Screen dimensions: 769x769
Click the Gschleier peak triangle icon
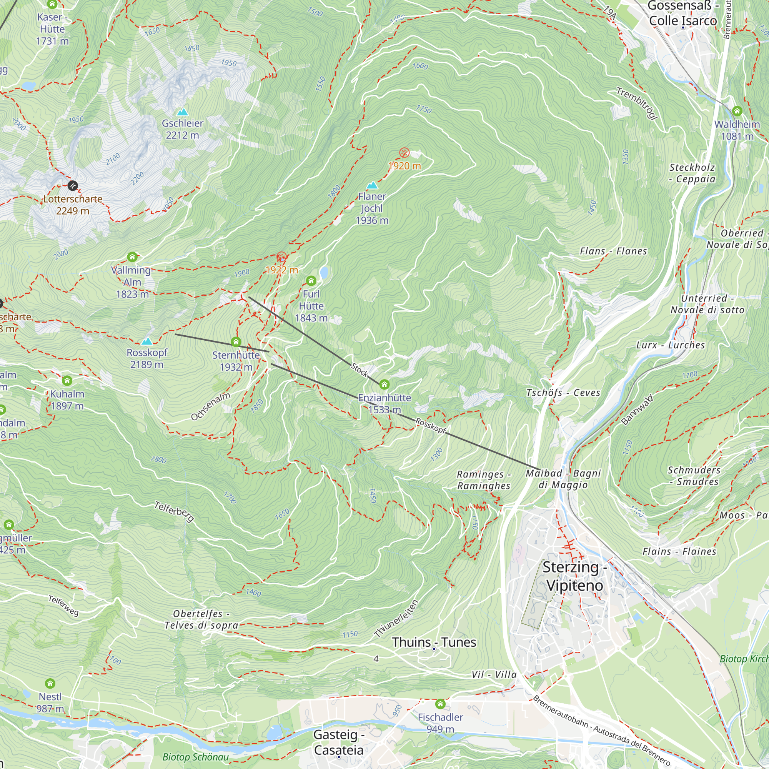point(182,112)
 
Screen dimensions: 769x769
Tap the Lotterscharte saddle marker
point(72,185)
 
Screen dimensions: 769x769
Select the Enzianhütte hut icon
point(384,384)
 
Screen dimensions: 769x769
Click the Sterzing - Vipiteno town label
point(574,576)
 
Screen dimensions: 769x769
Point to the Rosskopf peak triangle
point(147,341)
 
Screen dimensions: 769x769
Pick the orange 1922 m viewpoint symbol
point(281,257)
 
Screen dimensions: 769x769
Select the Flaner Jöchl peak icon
point(372,185)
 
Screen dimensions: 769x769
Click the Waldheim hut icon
point(737,111)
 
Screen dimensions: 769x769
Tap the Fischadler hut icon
point(440,704)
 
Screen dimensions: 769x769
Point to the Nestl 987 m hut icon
point(50,684)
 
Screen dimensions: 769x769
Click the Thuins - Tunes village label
point(434,642)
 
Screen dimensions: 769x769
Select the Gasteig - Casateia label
point(339,742)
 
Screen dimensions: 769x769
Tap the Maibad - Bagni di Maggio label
point(563,479)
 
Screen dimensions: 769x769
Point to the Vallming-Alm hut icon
point(132,257)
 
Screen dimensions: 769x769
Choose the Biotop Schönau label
point(195,757)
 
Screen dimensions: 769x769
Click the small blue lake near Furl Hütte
point(324,273)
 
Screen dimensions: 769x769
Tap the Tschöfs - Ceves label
point(563,393)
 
